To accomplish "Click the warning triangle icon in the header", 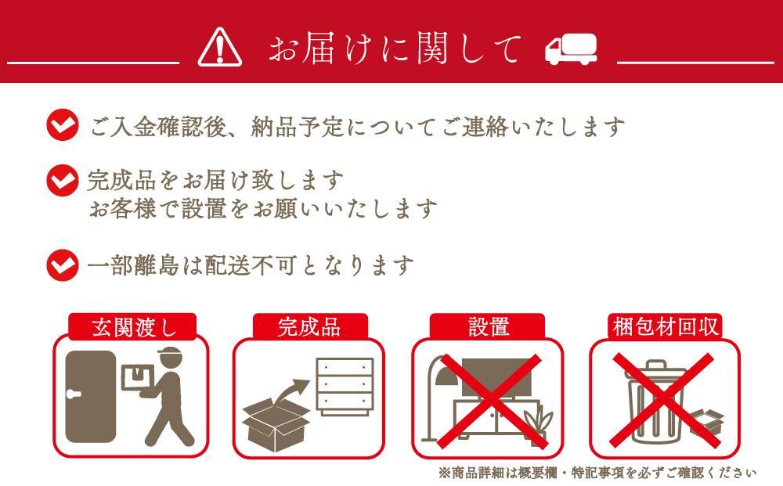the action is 220,48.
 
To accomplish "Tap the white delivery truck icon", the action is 571,49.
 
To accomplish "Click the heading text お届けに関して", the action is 395,49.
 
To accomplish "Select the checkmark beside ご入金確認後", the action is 63,124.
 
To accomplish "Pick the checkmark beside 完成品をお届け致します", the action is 63,180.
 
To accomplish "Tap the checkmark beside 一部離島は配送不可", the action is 63,265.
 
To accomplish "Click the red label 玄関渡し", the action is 133,327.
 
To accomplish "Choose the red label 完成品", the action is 310,327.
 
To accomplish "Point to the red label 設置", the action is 487,327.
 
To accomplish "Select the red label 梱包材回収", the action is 665,327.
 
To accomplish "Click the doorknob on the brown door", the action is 74,394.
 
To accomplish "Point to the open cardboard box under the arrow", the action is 276,424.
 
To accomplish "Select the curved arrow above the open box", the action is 291,391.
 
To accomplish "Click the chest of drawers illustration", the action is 345,386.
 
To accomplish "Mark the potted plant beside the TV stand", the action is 539,424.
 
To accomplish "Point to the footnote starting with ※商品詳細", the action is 597,472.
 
